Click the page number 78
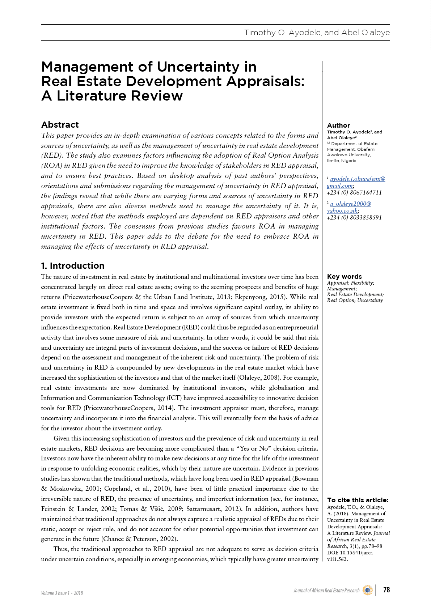tap(386, 590)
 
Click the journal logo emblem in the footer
tap(367, 590)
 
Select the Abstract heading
tap(60, 125)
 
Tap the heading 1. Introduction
tap(73, 266)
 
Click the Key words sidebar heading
tap(344, 277)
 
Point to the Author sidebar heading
tap(338, 125)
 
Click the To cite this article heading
tap(358, 500)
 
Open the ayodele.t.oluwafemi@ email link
tap(358, 179)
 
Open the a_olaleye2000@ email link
tap(350, 204)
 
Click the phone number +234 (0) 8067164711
tap(354, 192)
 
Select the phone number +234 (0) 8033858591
tap(354, 217)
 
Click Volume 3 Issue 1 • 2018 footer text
tap(62, 593)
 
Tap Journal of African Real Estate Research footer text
tap(326, 591)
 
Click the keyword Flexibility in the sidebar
tap(363, 283)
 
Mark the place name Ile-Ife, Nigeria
tap(342, 161)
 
